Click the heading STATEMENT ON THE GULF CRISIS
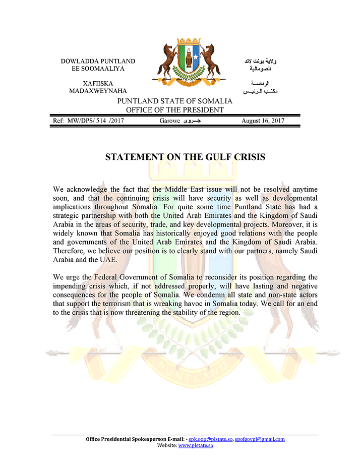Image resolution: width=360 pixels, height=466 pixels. click(185, 157)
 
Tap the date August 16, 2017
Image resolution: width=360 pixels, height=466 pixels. click(263, 121)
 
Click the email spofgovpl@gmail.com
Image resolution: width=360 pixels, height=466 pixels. click(260, 439)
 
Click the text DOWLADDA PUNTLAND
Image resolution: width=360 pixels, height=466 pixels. click(98, 61)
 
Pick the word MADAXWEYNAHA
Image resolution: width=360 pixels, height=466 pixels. click(98, 91)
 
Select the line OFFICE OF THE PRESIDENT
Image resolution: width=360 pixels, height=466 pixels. click(175, 109)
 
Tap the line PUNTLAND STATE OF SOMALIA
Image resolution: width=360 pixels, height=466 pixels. click(175, 101)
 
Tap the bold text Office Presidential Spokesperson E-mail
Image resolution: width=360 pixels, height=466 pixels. click(136, 439)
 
